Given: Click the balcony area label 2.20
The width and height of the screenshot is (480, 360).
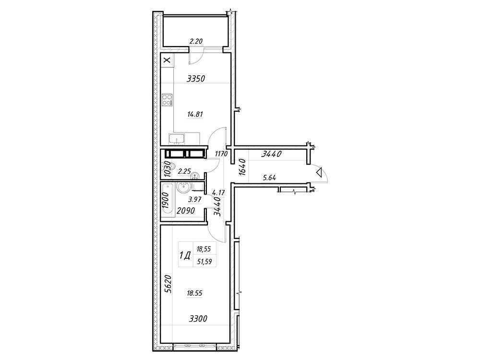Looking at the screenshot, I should click(195, 41).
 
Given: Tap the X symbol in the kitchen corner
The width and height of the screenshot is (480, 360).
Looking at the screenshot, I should click(167, 60).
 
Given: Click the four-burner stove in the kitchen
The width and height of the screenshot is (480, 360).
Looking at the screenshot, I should click(167, 100).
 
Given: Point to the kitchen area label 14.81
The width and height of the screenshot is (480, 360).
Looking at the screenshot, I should click(196, 114).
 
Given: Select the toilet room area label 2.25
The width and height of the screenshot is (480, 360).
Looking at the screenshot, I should click(185, 170).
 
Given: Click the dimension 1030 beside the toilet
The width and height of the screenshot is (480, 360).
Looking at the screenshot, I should click(167, 169).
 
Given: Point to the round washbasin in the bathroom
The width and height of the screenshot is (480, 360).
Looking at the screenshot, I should click(183, 187).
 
